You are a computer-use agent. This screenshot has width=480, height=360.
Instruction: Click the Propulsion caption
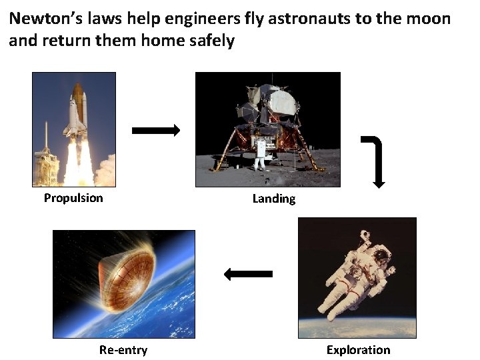point(73,197)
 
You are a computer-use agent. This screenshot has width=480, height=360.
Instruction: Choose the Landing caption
point(273,199)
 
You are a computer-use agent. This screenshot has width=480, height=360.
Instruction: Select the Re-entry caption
point(123,349)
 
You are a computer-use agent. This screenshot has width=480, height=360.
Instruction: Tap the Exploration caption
point(358,349)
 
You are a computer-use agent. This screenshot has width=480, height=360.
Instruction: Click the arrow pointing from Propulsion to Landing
point(156,131)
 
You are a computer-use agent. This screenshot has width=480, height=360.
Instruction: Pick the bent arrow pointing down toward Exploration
point(375,160)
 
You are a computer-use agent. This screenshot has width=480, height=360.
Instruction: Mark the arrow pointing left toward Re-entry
point(248,273)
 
